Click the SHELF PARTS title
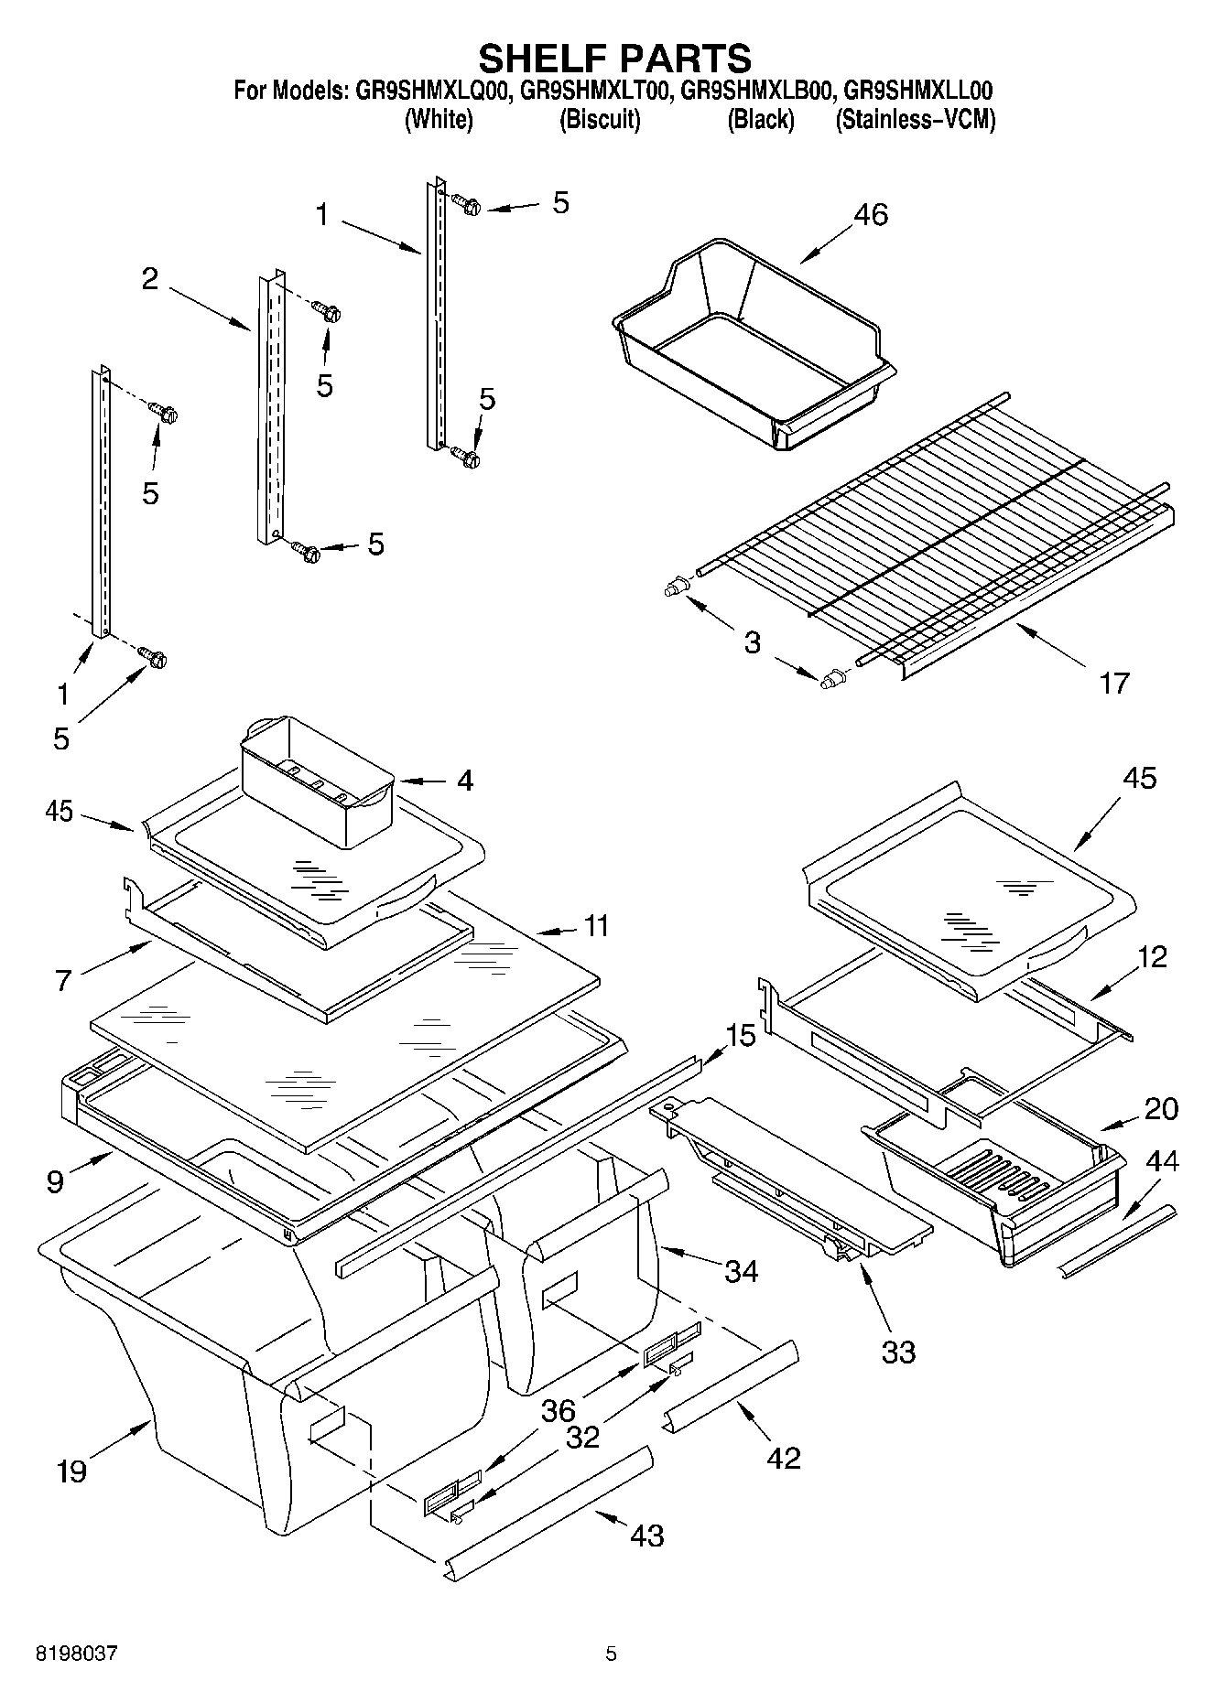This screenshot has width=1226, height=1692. (614, 58)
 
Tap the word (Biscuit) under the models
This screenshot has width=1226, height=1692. (599, 120)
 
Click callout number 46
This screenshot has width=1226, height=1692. (870, 214)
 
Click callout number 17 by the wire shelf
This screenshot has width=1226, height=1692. (1113, 683)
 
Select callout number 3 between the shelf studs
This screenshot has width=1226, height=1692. (752, 642)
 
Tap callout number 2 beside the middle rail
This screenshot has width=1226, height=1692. (149, 279)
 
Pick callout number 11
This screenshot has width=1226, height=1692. (596, 926)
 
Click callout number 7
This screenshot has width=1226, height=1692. (62, 981)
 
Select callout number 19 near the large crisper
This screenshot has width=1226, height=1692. (71, 1471)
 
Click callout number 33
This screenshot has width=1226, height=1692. (897, 1352)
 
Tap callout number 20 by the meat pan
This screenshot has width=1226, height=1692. (1161, 1108)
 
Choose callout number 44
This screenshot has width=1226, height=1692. (1162, 1161)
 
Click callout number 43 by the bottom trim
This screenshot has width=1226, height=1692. (646, 1535)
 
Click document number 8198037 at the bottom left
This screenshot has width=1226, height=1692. (76, 1654)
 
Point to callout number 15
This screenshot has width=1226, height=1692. (741, 1036)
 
